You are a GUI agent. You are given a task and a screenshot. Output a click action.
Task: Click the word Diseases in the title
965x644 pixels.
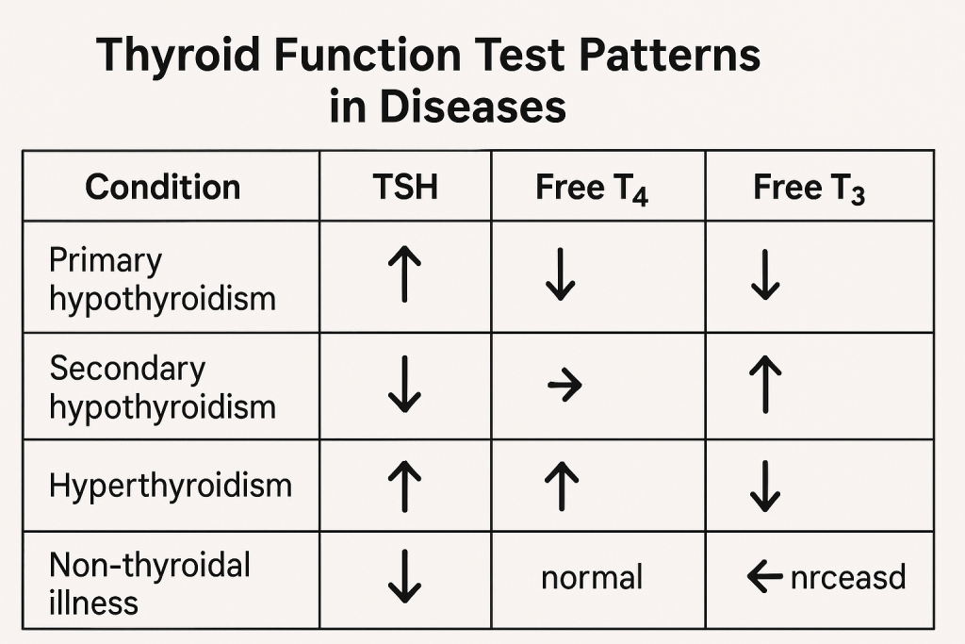(x=472, y=106)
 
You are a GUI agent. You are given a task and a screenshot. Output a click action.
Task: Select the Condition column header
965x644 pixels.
(x=162, y=187)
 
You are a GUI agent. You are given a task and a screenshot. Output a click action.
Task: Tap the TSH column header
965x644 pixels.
(x=405, y=187)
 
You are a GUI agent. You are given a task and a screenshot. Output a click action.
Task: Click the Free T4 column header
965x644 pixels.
(x=592, y=188)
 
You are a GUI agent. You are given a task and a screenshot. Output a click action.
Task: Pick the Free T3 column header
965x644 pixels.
(x=809, y=188)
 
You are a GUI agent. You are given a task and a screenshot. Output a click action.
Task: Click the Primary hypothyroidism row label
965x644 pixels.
(x=162, y=280)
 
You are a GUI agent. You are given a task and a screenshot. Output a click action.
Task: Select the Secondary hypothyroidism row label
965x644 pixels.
(x=162, y=388)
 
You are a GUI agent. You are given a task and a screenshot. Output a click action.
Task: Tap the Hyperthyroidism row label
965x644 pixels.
(x=171, y=486)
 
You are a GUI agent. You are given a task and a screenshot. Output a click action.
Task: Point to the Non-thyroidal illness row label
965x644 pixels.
(x=150, y=583)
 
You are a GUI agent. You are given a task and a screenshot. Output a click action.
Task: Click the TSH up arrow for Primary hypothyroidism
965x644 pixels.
(x=404, y=274)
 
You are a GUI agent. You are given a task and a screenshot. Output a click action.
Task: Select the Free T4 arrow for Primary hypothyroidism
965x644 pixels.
(x=560, y=274)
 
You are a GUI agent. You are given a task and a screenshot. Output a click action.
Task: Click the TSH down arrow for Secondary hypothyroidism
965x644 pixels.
(x=404, y=384)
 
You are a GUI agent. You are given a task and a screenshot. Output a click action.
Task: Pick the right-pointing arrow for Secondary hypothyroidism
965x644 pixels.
(x=564, y=386)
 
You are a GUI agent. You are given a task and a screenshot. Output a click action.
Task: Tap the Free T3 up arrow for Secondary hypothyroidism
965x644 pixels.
(x=765, y=384)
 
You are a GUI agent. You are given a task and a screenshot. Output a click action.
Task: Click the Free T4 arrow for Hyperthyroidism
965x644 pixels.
(x=562, y=487)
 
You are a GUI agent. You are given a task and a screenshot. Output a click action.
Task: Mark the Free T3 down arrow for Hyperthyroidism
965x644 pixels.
(x=765, y=486)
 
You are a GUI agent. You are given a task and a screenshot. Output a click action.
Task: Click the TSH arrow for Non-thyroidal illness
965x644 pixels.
(x=404, y=577)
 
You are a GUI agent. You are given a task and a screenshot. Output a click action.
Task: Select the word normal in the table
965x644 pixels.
(x=592, y=577)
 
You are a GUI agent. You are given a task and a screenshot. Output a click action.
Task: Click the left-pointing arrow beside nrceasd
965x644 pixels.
(x=764, y=577)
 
